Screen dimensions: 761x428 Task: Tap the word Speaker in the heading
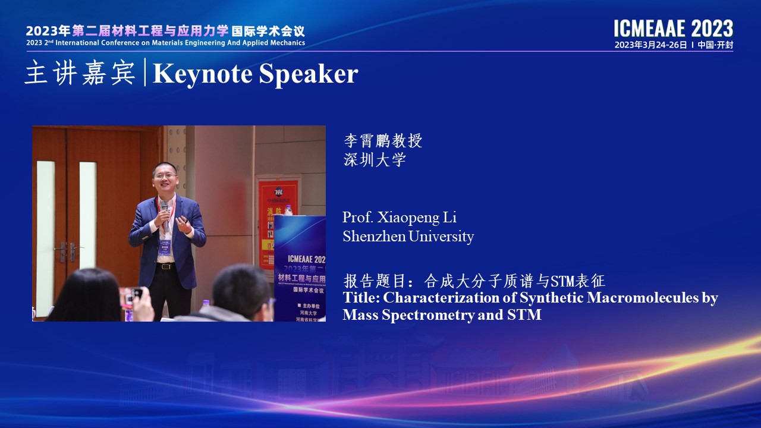point(309,74)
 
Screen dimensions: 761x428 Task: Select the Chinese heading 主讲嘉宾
point(80,73)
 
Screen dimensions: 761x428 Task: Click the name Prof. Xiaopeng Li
point(400,218)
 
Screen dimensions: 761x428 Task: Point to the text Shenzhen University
point(408,236)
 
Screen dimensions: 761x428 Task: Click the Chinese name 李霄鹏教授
point(383,141)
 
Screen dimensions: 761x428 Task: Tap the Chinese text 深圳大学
point(375,160)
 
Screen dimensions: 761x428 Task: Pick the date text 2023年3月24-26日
point(650,45)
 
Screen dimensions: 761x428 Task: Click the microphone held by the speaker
point(165,213)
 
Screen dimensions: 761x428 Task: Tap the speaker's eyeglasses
point(165,175)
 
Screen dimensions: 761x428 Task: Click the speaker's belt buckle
point(165,266)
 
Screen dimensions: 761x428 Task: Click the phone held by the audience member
point(132,295)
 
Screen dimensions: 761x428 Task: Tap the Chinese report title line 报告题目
point(474,281)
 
